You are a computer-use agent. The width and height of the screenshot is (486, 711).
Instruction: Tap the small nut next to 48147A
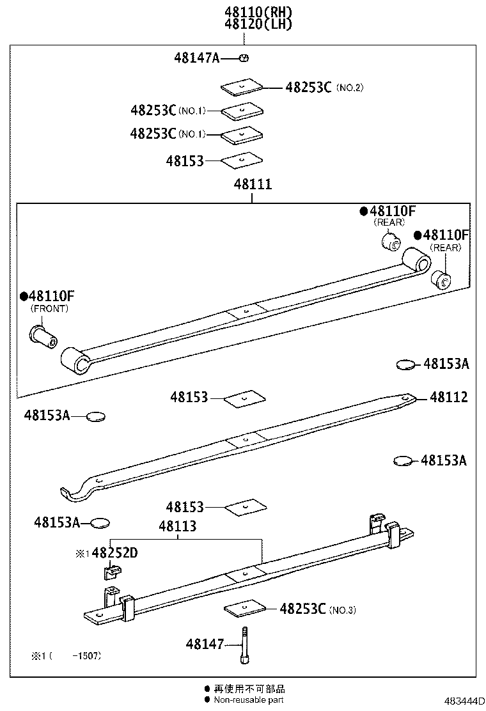pyautogui.click(x=243, y=58)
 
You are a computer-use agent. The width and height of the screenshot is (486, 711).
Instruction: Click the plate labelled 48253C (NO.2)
pyautogui.click(x=243, y=86)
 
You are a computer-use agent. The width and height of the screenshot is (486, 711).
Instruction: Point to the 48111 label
pyautogui.click(x=253, y=184)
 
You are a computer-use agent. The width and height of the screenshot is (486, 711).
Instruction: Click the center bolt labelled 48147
pyautogui.click(x=244, y=645)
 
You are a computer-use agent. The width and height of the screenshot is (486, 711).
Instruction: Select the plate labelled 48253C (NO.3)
pyautogui.click(x=244, y=608)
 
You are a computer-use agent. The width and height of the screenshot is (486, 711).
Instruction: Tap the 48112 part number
pyautogui.click(x=449, y=397)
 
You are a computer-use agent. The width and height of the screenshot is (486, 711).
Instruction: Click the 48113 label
pyautogui.click(x=177, y=527)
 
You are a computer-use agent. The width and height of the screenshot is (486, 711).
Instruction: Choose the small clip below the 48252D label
pyautogui.click(x=111, y=571)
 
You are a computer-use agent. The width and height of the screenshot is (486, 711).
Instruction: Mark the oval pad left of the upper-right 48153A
pyautogui.click(x=405, y=364)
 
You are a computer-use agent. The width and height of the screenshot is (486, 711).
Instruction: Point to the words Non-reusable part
pyautogui.click(x=249, y=700)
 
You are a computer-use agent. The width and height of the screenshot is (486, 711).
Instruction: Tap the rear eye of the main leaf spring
pyautogui.click(x=417, y=262)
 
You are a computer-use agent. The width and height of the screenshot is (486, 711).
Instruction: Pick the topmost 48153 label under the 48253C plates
pyautogui.click(x=185, y=161)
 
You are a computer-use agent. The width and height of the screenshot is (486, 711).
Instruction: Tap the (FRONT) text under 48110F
pyautogui.click(x=49, y=308)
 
